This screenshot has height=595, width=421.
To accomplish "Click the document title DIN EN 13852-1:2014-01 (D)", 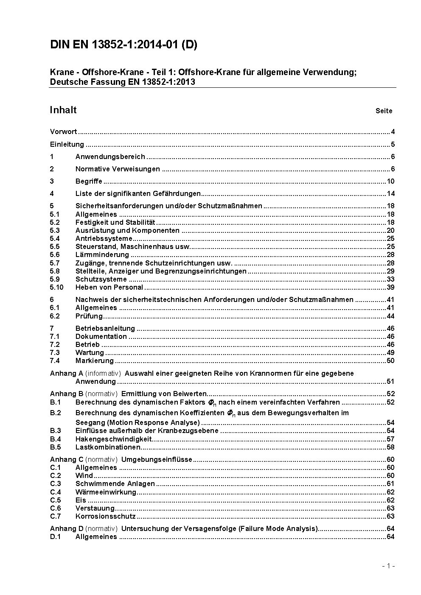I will (123, 45).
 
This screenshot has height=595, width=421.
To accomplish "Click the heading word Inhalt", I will (63, 110).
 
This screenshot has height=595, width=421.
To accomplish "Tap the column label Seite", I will (384, 111).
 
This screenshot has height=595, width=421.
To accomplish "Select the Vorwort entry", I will (63, 132).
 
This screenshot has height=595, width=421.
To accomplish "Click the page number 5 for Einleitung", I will (393, 144).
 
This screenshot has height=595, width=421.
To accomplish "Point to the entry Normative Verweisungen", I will (118, 169).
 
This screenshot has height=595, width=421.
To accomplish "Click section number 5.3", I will (55, 231).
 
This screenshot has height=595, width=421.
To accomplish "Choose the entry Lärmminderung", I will (102, 255).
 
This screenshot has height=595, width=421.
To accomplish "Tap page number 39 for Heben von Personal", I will (390, 288).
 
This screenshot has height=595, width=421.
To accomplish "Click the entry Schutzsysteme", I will (101, 279).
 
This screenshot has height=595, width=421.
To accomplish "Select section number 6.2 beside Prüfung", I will (55, 316).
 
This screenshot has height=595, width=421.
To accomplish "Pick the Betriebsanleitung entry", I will (105, 329).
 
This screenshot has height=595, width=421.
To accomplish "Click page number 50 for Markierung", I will (390, 361).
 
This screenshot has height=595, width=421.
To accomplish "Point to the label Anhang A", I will (67, 374).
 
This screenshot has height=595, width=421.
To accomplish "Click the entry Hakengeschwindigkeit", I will (113, 439).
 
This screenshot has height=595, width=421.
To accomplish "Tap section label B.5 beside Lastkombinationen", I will (56, 447).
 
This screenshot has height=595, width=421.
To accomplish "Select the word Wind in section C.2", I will (84, 476).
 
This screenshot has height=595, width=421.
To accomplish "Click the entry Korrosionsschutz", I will (105, 517).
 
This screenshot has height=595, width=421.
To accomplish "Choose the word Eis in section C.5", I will (81, 500).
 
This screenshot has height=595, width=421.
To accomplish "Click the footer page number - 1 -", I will (388, 566).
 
